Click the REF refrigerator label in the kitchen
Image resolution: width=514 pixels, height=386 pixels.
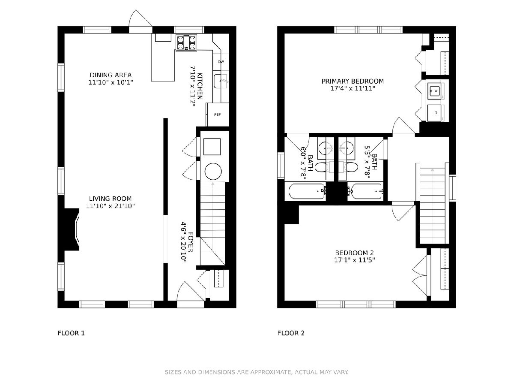[x=217, y=115]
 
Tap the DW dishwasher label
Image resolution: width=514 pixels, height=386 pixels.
[x=221, y=62]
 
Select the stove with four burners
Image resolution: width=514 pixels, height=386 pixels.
[x=186, y=42]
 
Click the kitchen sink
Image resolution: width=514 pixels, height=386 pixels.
[x=221, y=81]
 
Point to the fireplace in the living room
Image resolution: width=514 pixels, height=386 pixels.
[x=72, y=229]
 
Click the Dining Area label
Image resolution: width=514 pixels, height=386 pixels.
[x=111, y=75]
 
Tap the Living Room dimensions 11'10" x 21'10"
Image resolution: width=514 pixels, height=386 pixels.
[x=111, y=206]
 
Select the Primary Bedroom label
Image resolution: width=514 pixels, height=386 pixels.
[x=353, y=81]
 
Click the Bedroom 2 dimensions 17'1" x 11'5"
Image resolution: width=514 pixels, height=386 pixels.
[x=355, y=260]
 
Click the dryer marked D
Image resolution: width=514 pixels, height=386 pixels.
[x=436, y=113]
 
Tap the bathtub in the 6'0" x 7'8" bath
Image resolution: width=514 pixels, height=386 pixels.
[x=307, y=191]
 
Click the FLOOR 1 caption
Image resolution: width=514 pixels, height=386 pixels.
[x=71, y=333]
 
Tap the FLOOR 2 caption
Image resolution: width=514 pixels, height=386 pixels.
[x=291, y=333]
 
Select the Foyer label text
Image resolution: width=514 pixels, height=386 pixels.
[x=190, y=242]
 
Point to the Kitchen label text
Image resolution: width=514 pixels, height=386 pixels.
[x=200, y=86]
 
